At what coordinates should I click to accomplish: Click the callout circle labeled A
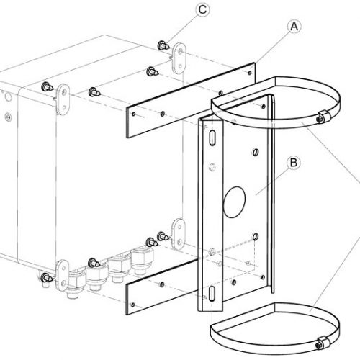click(x=294, y=27)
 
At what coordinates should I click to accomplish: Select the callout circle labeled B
click(x=294, y=163)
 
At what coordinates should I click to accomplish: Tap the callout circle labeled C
click(x=202, y=10)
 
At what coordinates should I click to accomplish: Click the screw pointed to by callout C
click(x=163, y=45)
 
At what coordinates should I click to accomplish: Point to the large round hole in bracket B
click(x=234, y=202)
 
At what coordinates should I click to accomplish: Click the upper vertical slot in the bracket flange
click(x=212, y=138)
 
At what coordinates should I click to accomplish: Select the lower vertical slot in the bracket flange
click(x=212, y=293)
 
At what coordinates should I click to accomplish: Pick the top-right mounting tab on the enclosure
click(x=179, y=58)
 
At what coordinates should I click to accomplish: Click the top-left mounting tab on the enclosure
click(x=63, y=99)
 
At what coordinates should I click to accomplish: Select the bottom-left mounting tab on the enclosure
click(x=63, y=275)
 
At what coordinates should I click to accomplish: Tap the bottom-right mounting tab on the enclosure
click(x=179, y=234)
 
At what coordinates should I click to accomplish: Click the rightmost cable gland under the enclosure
click(x=142, y=261)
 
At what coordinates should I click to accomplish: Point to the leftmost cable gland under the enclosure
click(x=75, y=284)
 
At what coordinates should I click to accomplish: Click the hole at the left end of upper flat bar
click(x=134, y=114)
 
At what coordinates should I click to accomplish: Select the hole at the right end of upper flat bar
click(x=250, y=72)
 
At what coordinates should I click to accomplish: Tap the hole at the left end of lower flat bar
click(x=133, y=305)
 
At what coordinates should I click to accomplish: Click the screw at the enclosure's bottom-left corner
click(x=46, y=278)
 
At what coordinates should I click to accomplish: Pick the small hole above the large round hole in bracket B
click(x=256, y=152)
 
